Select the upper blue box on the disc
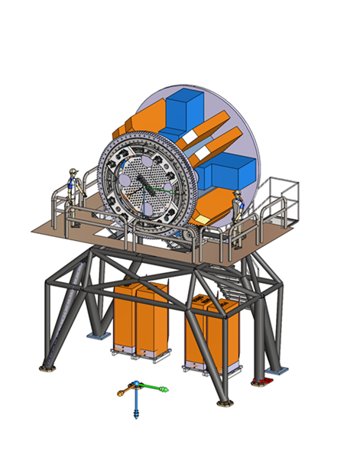[x=184, y=108]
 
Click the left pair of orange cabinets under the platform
[x=143, y=317]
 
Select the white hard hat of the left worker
[x=73, y=170]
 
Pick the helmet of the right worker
[x=238, y=192]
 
